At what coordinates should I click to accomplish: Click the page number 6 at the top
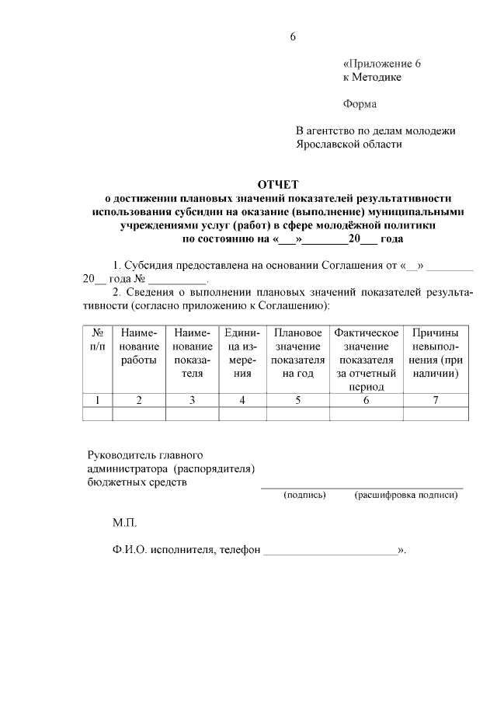click(x=293, y=37)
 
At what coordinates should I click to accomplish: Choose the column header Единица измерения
click(x=242, y=353)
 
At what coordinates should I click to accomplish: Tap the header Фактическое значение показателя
click(x=366, y=359)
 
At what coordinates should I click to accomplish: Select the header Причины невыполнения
click(x=436, y=353)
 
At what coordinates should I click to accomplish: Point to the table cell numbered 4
click(x=242, y=400)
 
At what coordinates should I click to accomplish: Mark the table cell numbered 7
click(x=436, y=400)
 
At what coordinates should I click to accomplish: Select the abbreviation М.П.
click(x=124, y=523)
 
